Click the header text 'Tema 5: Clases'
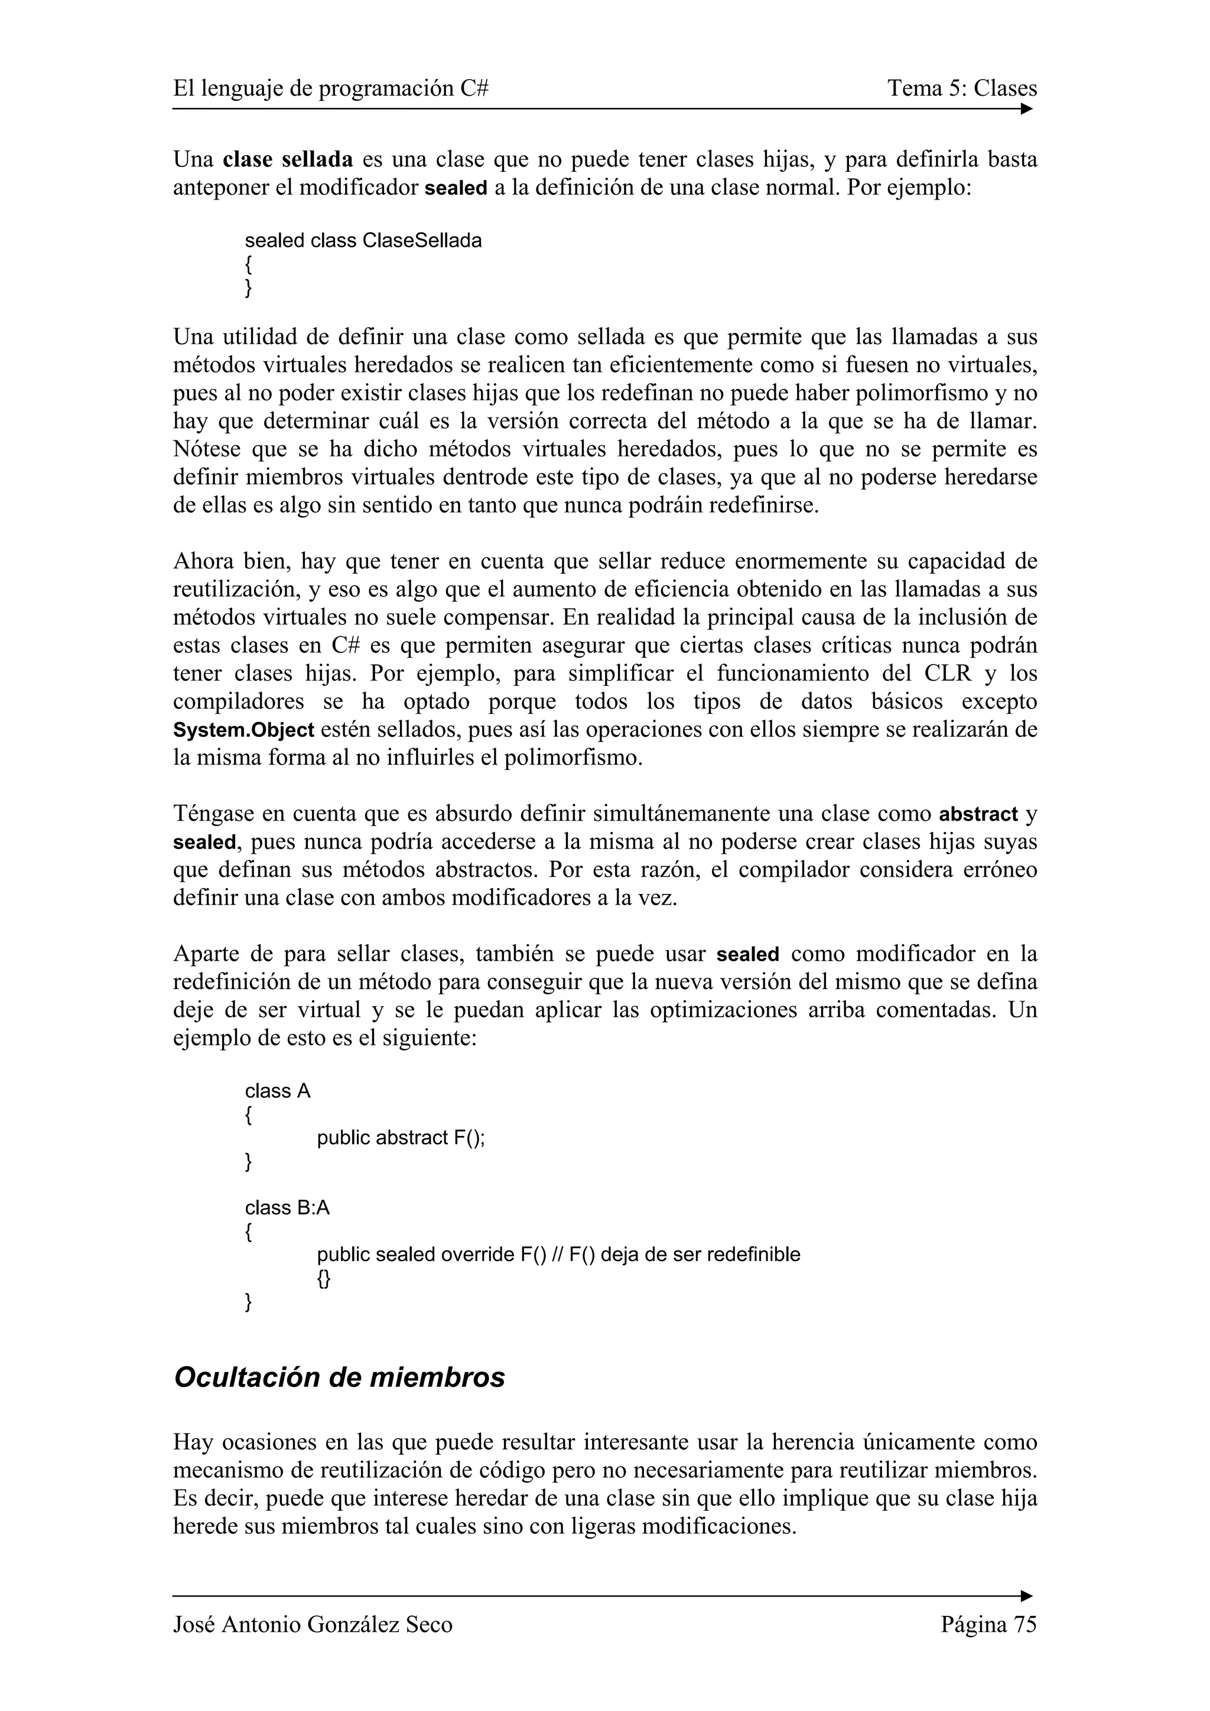(962, 89)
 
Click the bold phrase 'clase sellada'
(288, 159)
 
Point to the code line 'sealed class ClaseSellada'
(363, 241)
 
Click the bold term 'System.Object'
(243, 730)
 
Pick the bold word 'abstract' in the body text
(978, 814)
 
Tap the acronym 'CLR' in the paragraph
(948, 674)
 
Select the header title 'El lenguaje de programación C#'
(331, 89)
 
